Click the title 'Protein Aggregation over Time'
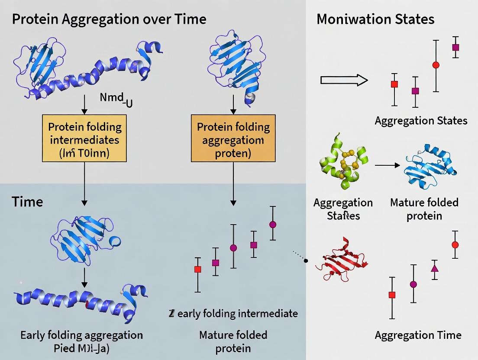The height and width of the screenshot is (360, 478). pyautogui.click(x=109, y=19)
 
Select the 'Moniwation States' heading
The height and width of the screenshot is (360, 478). pyautogui.click(x=375, y=19)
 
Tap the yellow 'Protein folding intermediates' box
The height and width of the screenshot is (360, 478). pyautogui.click(x=85, y=138)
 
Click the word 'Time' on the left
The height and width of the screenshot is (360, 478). pyautogui.click(x=27, y=202)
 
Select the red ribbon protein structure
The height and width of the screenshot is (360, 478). pyautogui.click(x=342, y=260)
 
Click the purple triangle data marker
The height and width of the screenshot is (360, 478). pyautogui.click(x=435, y=268)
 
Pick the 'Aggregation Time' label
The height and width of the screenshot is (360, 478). pyautogui.click(x=418, y=335)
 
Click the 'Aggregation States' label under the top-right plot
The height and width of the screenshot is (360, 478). pyautogui.click(x=421, y=120)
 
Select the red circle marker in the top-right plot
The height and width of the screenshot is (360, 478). pyautogui.click(x=436, y=65)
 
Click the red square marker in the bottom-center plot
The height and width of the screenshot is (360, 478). pyautogui.click(x=198, y=269)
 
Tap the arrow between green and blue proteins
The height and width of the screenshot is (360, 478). pyautogui.click(x=386, y=165)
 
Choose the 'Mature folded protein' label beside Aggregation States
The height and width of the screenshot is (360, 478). pyautogui.click(x=424, y=209)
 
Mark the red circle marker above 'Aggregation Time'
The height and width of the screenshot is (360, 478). pyautogui.click(x=455, y=244)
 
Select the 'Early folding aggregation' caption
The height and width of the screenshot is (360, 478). pyautogui.click(x=81, y=335)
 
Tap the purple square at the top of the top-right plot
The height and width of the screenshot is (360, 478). pyautogui.click(x=455, y=47)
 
